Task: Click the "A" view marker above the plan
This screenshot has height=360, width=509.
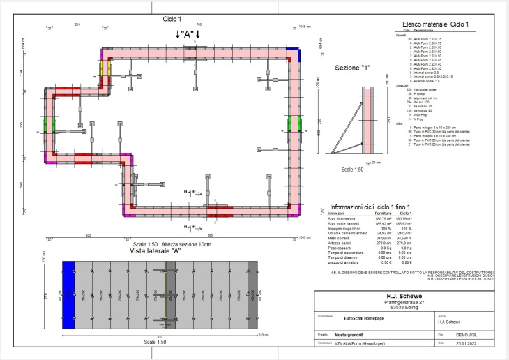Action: point(188,33)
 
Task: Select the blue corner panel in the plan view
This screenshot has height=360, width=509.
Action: point(296,54)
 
